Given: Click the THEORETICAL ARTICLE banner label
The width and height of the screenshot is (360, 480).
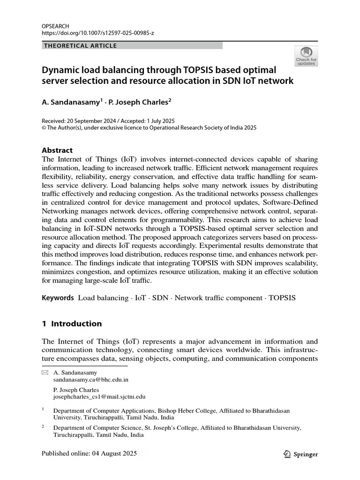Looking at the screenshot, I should click(80, 46).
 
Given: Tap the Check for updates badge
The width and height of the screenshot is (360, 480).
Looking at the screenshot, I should click(306, 56).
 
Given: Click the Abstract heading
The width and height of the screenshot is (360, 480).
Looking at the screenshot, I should click(57, 150).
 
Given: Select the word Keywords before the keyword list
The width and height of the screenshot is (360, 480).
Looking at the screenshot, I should click(58, 298).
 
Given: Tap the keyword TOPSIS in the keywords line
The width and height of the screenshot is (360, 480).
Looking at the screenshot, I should click(282, 298).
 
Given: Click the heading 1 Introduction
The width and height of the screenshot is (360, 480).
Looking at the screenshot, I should click(72, 323).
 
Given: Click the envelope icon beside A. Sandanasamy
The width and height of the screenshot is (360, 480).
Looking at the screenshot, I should click(45, 373).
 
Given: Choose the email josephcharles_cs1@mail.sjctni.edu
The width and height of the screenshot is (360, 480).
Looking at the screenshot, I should click(99, 396).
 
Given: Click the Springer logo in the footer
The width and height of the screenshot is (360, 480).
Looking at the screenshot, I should click(301, 454).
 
